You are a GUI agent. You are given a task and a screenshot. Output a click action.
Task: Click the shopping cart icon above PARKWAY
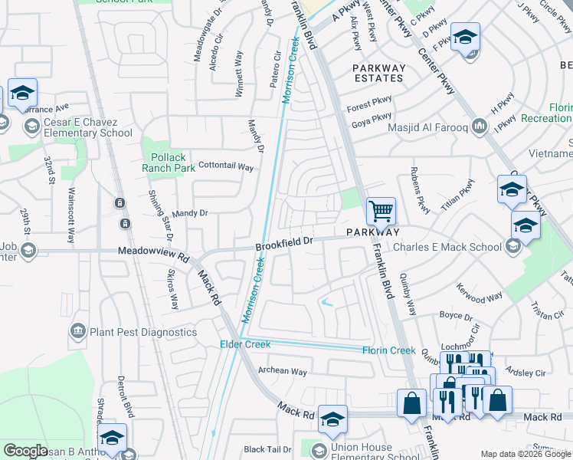point(380,210)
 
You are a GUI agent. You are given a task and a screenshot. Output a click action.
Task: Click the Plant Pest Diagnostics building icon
point(77,331)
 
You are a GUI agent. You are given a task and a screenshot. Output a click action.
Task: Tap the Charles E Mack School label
point(447,247)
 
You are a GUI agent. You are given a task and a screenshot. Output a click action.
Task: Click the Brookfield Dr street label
point(284,242)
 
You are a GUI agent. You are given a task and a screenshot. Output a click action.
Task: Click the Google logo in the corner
point(25,451)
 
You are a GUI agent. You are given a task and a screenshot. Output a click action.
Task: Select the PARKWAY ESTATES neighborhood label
point(378,73)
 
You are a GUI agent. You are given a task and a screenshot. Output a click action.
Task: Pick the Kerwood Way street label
point(480,295)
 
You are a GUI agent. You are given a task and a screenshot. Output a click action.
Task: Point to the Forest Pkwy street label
point(369,98)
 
